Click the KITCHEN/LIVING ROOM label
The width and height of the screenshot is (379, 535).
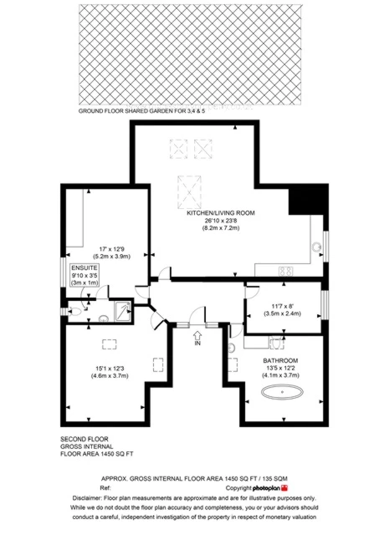coord(221,213)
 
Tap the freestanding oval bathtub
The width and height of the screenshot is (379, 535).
coord(282,392)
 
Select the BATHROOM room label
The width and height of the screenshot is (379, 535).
coord(280,360)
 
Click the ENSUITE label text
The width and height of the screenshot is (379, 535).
coord(85,267)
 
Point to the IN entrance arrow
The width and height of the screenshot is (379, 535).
coord(197,334)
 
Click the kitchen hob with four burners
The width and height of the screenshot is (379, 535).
coord(286,271)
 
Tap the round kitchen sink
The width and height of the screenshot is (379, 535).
coord(317,247)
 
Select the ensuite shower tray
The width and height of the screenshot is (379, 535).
coord(123,311)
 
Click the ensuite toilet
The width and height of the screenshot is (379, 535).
coord(74,311)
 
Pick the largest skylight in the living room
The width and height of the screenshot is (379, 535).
coord(189,191)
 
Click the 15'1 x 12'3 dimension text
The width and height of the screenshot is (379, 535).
coord(110,369)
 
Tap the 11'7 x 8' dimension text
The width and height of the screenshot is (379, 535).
coord(282,307)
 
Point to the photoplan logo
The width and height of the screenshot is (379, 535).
coord(270,488)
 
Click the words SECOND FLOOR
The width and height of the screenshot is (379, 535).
coord(85,439)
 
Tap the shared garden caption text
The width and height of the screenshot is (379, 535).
coord(141,111)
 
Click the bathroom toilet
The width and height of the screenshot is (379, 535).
coord(277,343)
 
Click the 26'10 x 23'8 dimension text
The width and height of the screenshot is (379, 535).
coord(221,221)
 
